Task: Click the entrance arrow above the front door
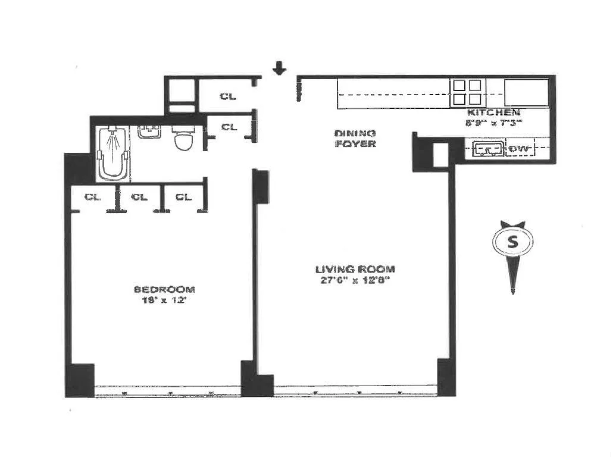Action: point(279,69)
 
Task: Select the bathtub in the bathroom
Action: point(112,153)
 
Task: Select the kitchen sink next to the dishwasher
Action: point(487,149)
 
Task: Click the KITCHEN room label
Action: point(493,112)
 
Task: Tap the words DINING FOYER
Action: point(355,138)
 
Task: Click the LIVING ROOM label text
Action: point(355,269)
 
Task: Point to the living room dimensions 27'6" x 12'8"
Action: point(355,281)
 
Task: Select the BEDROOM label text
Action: point(164,289)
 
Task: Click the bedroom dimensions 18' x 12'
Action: point(164,301)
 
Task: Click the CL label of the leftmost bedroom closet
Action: point(92,197)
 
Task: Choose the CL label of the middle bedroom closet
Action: point(139,197)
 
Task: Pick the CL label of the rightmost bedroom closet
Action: point(184,197)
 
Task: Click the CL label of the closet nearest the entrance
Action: point(228,96)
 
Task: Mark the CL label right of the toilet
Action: point(229,127)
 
